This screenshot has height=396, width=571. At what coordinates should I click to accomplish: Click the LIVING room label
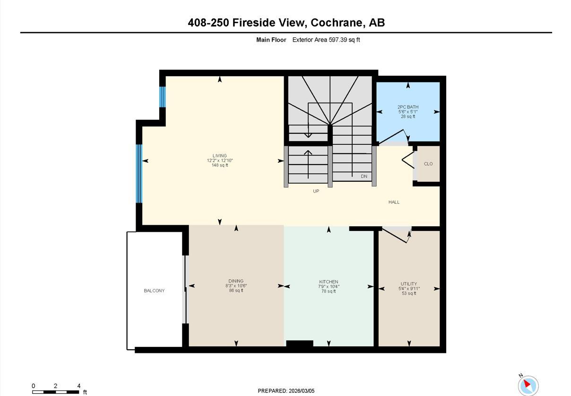219,156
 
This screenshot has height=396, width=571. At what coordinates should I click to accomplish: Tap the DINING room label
236,281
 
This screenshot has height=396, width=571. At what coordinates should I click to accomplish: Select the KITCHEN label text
329,282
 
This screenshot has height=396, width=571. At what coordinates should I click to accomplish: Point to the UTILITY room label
409,284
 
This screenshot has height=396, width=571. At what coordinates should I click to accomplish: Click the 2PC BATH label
407,107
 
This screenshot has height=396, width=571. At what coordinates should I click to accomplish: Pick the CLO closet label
428,164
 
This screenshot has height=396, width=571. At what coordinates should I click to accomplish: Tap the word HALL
394,202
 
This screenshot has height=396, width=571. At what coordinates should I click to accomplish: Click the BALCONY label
154,290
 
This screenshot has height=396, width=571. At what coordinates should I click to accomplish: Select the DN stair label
364,176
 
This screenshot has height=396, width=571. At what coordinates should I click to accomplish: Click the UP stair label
316,191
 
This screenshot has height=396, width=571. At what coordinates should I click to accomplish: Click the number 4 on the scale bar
79,386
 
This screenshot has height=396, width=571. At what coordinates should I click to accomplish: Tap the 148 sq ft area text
220,165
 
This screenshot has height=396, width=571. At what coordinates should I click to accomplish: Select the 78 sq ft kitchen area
329,291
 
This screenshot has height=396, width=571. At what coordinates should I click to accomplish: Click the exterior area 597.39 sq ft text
326,40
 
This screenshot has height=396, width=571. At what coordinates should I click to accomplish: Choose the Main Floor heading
271,40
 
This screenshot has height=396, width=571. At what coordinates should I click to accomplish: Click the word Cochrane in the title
336,22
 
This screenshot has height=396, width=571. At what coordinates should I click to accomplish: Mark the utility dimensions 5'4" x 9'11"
409,289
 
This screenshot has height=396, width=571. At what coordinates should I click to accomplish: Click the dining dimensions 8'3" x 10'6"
236,286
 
